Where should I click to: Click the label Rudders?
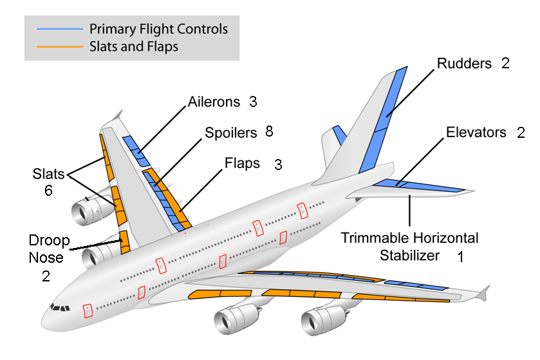[x=464, y=64]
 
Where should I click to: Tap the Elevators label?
[x=476, y=133]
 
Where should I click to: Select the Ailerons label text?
[x=214, y=102]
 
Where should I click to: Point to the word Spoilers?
[x=230, y=133]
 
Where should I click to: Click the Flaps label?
[x=243, y=163]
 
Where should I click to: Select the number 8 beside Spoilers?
[x=269, y=133]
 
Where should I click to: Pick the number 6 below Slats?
[x=48, y=191]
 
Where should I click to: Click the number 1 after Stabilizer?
[x=460, y=256]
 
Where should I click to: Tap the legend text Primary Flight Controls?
[x=158, y=29]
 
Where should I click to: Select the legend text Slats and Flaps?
[x=134, y=46]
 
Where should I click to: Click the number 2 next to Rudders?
[x=505, y=64]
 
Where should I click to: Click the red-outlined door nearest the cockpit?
[x=88, y=312]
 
